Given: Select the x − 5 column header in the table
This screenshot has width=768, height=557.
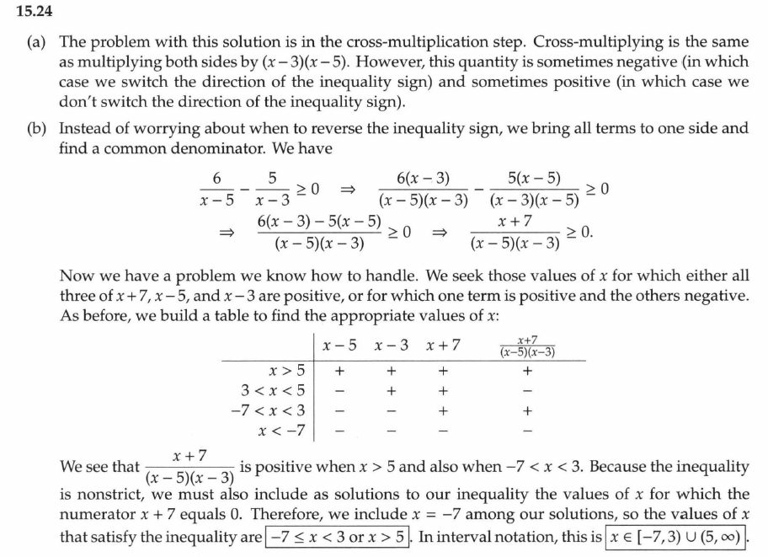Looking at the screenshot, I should pos(339,345).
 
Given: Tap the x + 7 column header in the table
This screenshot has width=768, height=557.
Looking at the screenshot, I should pos(443,345).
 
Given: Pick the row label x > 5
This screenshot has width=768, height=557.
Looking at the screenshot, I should pos(286,370).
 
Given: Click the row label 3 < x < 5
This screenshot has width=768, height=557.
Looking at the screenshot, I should pos(273,390).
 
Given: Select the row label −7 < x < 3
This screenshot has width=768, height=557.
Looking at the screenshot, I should pos(268,410).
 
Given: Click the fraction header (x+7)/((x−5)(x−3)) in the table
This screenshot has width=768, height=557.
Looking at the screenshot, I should pos(527,345).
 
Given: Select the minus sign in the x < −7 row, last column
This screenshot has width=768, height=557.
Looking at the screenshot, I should pos(527,431).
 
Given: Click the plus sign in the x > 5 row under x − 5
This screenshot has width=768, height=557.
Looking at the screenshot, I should pos(339,370).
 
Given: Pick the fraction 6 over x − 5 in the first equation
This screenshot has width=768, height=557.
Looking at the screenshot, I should pos(216,190).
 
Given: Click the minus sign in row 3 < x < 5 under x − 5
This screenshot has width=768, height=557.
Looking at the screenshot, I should pos(339,390).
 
